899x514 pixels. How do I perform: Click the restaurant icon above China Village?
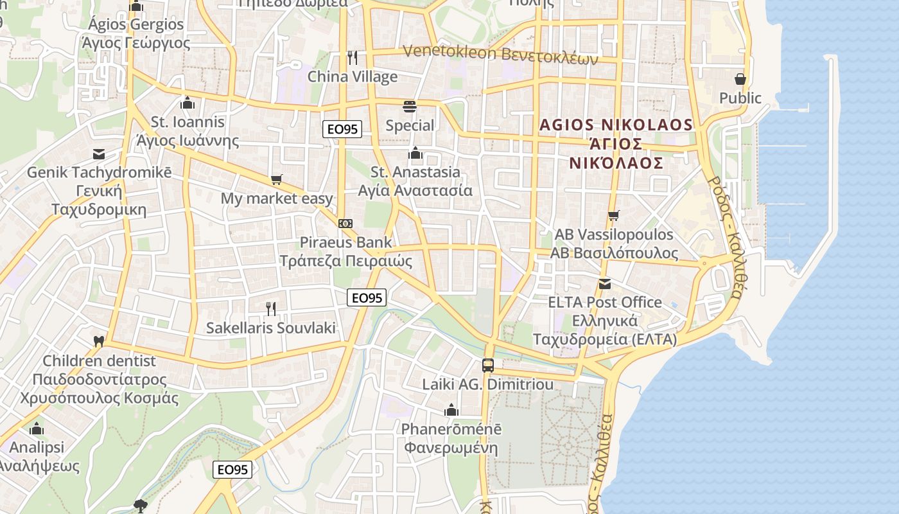click(352, 58)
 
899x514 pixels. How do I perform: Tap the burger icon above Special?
click(410, 106)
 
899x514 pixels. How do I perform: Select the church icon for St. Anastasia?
click(415, 154)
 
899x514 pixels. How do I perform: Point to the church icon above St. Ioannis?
click(188, 103)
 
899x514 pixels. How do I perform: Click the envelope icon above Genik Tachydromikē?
click(99, 154)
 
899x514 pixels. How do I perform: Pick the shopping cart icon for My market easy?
click(277, 180)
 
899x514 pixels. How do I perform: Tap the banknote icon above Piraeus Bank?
click(345, 223)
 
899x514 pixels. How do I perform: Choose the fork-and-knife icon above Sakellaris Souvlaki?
click(271, 309)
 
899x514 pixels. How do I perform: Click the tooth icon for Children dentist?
click(99, 342)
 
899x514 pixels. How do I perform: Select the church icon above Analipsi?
click(37, 429)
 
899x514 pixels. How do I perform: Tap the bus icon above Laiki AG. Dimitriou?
click(488, 366)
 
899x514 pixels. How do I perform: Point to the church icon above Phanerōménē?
click(451, 410)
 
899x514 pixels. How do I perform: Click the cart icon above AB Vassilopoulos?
click(614, 215)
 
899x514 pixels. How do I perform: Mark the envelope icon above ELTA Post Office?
click(604, 283)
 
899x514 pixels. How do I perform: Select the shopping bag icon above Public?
click(740, 79)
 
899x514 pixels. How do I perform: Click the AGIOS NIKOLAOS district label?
click(616, 125)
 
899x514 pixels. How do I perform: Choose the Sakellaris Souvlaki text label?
click(271, 328)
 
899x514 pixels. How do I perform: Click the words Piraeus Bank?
click(345, 242)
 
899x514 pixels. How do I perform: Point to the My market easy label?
click(277, 199)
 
